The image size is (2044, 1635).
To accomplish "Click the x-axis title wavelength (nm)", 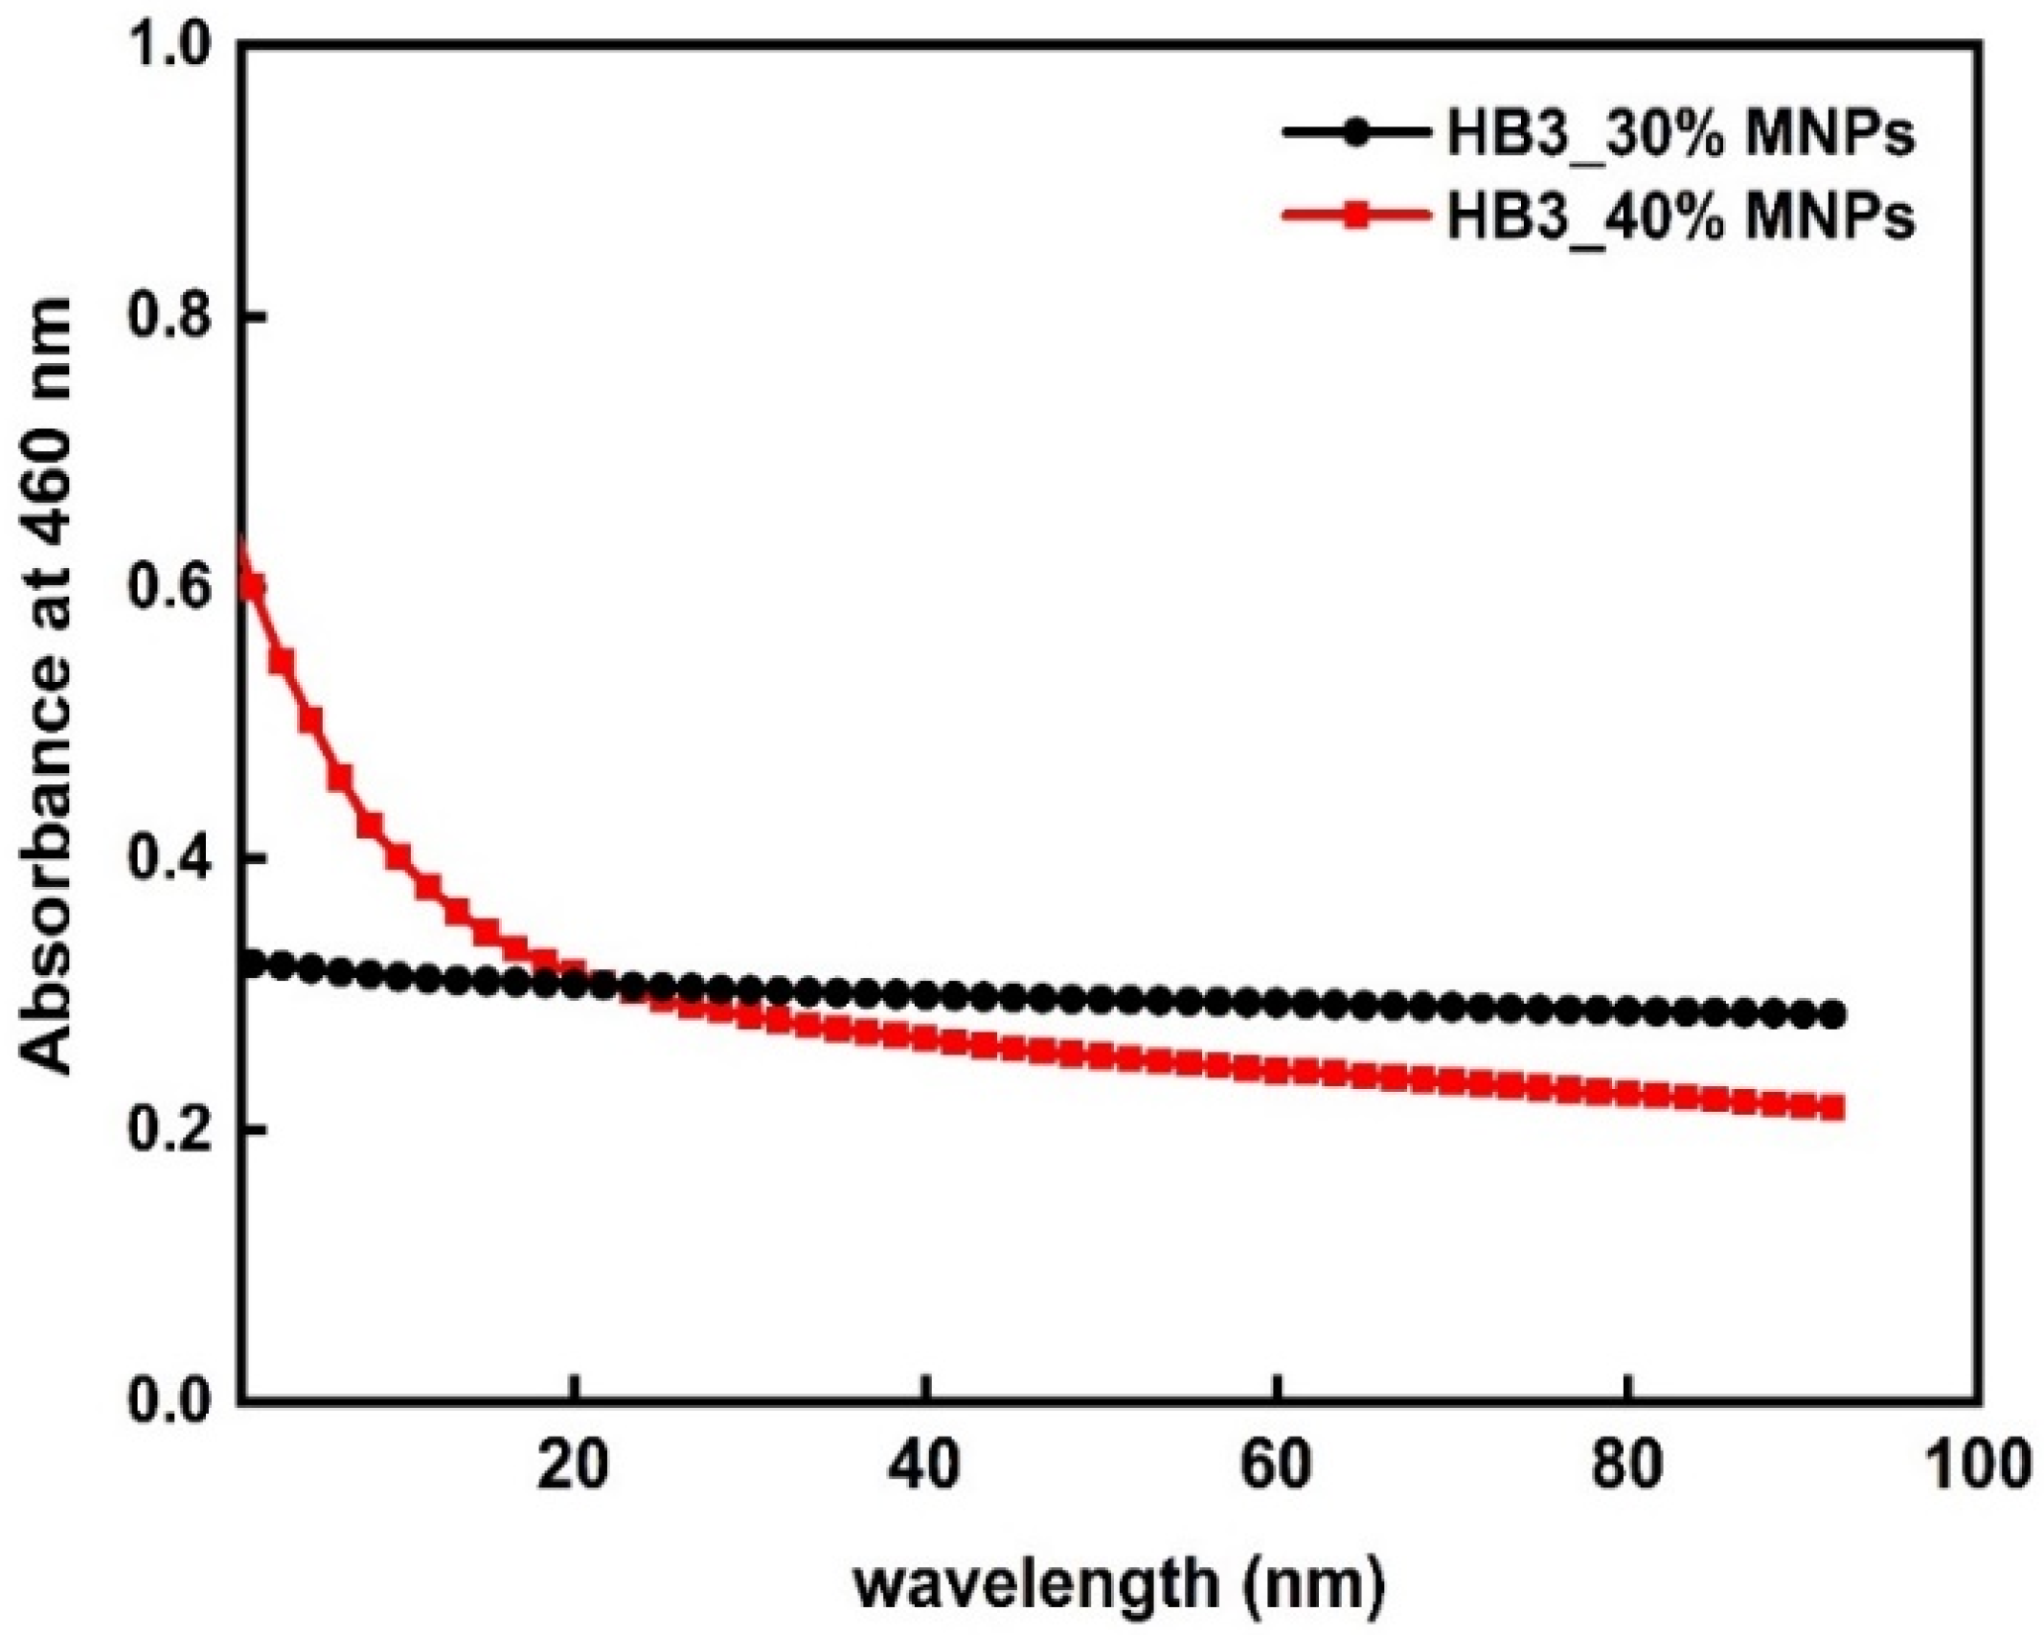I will click(x=1119, y=1586).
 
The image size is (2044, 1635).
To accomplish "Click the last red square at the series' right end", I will click(x=1830, y=1109).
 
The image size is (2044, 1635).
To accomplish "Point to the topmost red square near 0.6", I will click(x=252, y=586).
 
